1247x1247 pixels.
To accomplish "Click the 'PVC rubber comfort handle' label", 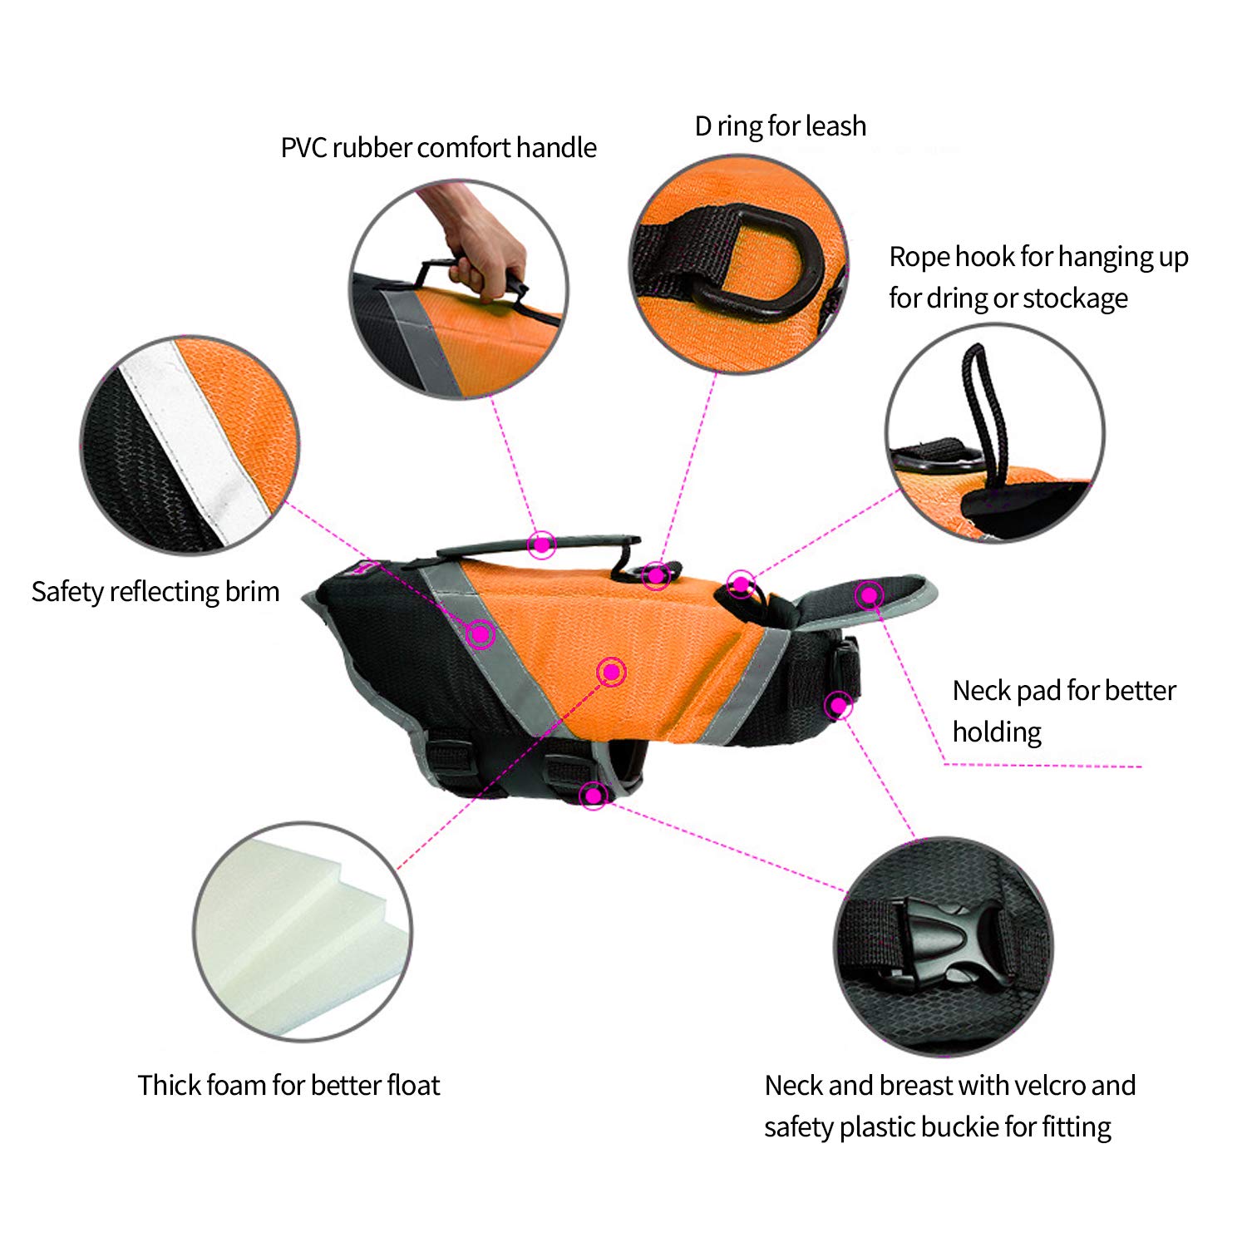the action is click(438, 148).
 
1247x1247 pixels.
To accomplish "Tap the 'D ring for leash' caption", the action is click(781, 126).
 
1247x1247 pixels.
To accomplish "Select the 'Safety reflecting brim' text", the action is click(155, 592).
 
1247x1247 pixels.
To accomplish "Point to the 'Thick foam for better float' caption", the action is click(288, 1085).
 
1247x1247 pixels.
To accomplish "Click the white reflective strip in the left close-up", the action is click(195, 441).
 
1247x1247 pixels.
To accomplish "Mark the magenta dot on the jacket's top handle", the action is click(542, 545).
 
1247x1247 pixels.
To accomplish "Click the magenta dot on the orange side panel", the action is click(612, 672).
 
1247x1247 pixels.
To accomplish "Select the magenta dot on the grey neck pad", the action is click(870, 594).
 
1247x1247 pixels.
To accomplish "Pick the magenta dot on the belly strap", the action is click(593, 796).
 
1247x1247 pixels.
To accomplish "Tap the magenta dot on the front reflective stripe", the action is click(480, 635).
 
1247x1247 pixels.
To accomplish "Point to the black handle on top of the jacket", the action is click(539, 551).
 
